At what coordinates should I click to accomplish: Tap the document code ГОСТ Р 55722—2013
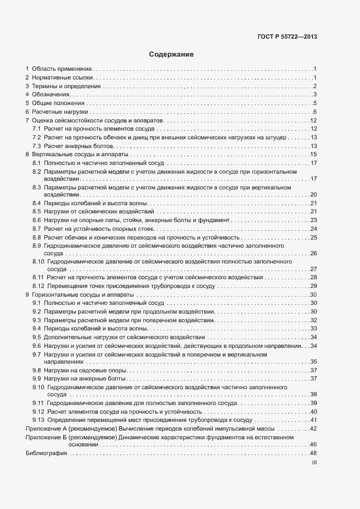287,37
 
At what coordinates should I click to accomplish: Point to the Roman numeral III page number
314,462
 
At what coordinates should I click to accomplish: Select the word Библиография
46,453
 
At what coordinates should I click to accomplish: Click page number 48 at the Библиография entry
313,453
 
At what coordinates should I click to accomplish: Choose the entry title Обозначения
51,95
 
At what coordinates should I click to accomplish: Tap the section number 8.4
37,203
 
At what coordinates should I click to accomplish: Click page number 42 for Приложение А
313,429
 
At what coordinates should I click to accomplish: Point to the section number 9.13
39,420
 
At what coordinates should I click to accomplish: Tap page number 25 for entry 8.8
313,237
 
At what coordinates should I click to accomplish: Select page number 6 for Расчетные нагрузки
315,112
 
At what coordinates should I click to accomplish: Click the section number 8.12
39,286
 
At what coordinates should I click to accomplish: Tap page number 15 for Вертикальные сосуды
313,155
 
